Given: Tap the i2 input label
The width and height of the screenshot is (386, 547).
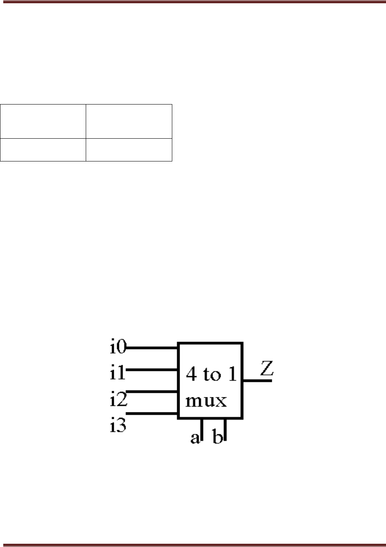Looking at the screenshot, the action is pyautogui.click(x=118, y=400).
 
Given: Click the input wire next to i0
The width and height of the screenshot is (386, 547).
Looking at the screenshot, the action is pyautogui.click(x=153, y=348).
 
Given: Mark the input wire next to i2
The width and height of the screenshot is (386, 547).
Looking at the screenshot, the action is pyautogui.click(x=153, y=392).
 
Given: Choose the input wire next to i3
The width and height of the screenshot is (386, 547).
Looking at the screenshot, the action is pyautogui.click(x=153, y=414).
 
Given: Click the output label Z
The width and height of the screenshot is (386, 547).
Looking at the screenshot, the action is pyautogui.click(x=267, y=368).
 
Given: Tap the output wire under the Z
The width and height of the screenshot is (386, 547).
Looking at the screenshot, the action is pyautogui.click(x=258, y=381).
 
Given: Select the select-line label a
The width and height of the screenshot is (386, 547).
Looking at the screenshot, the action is pyautogui.click(x=195, y=438).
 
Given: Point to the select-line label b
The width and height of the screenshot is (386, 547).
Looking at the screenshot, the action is pyautogui.click(x=218, y=438).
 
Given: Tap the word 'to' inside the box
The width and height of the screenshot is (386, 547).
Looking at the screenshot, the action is pyautogui.click(x=211, y=374).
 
